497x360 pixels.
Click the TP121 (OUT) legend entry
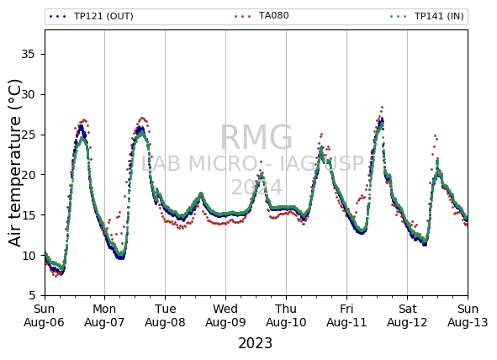tap(92, 16)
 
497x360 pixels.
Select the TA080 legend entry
tap(262, 15)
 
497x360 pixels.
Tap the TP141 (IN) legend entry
tap(427, 16)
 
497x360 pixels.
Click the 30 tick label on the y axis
tap(28, 94)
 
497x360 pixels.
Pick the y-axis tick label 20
tap(28, 175)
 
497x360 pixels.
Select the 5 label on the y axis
tap(32, 295)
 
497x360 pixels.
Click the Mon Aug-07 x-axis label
tap(104, 315)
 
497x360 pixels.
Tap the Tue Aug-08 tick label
tap(165, 315)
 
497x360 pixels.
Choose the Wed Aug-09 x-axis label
tap(225, 315)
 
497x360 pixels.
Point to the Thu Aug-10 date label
tap(286, 315)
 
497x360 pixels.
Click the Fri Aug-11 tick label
tap(346, 315)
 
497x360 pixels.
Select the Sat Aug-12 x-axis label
tap(407, 315)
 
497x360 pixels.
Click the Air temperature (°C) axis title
tap(14, 163)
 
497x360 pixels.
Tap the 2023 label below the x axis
tap(255, 343)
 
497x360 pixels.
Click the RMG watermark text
tap(256, 138)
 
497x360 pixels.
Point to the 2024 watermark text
tap(256, 187)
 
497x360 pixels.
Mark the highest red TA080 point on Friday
tap(383, 108)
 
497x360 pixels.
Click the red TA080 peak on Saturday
tap(436, 135)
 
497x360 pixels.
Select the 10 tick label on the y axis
tap(28, 255)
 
